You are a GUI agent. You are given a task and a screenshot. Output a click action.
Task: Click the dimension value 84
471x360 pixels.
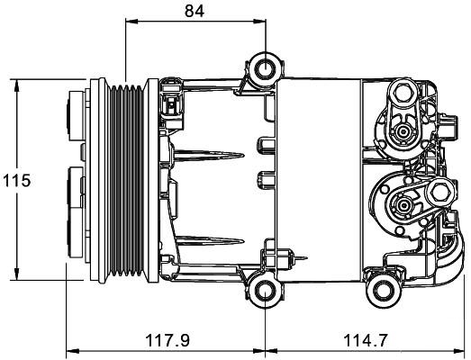point(195,11)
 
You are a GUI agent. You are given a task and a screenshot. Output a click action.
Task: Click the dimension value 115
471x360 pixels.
point(17,181)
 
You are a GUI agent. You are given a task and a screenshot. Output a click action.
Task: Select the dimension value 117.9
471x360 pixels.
point(168,340)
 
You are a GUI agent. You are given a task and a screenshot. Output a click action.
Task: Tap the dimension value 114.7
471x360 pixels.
point(366,340)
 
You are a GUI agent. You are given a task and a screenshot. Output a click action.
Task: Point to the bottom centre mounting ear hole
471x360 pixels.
point(266,291)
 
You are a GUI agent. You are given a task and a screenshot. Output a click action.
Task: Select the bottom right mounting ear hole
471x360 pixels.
point(383,291)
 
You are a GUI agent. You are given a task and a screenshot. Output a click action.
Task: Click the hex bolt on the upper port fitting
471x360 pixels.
point(403,92)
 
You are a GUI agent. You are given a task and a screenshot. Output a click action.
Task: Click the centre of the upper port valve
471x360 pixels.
point(402,131)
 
